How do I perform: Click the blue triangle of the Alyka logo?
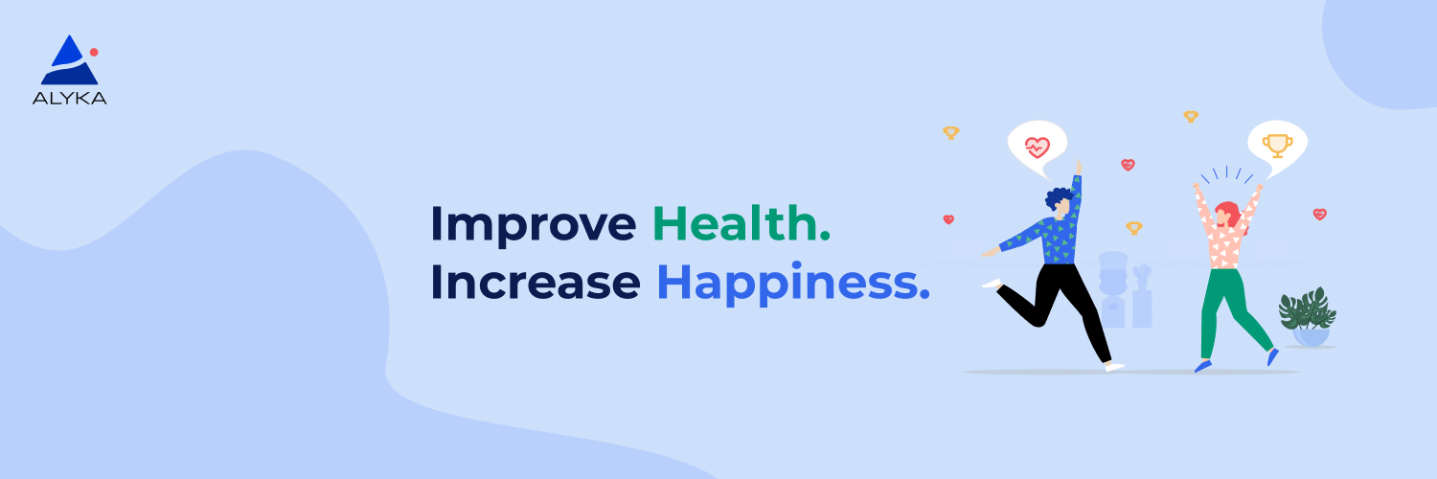68,62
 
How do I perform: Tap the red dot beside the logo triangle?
94,52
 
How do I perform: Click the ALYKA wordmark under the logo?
69,98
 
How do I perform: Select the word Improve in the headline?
533,224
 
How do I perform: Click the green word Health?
741,223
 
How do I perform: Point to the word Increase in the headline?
535,283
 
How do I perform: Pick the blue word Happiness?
792,284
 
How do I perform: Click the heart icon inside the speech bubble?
1037,147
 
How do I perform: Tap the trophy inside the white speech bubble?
1276,145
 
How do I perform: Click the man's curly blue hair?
1059,199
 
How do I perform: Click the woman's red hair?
1227,213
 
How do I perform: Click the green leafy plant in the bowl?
1307,308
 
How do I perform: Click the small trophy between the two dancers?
1134,228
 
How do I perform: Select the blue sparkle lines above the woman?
1227,174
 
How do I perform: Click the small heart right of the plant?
1319,214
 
